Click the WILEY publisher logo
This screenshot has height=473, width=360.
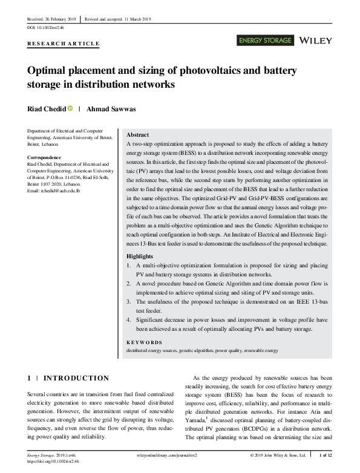point(316,41)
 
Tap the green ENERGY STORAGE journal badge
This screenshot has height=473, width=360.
point(266,41)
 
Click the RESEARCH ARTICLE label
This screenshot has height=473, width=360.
point(64,44)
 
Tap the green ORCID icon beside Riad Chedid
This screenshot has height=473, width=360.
point(70,109)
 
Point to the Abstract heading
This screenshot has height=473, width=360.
point(137,135)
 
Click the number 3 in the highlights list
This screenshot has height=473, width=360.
point(128,301)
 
